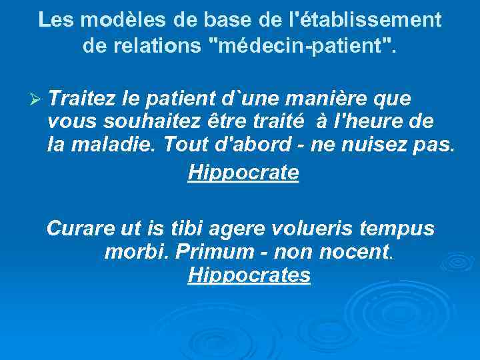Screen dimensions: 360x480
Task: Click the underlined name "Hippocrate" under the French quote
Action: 243,173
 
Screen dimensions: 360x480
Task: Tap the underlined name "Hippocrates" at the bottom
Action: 249,275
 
